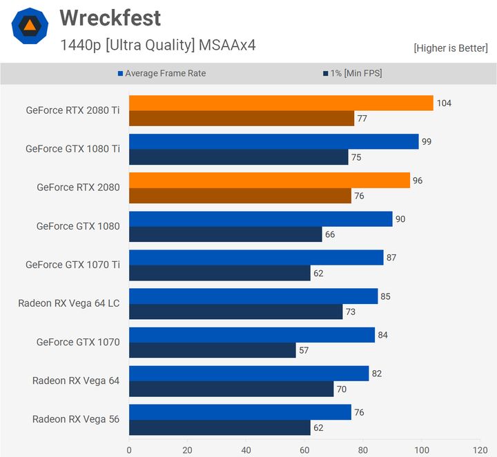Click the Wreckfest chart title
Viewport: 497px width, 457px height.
110,18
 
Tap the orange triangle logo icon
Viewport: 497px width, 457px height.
30,26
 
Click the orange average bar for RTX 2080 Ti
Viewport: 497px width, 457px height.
281,103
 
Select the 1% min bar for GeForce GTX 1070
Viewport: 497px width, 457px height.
212,350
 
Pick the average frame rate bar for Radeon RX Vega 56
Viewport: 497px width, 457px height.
240,412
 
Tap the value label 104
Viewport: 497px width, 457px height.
444,103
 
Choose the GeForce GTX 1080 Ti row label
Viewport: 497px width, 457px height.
72,148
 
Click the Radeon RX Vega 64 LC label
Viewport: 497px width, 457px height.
69,303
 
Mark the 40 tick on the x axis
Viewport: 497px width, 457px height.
246,450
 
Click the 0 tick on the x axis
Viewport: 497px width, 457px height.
129,450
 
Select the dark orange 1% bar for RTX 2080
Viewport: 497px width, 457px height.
240,196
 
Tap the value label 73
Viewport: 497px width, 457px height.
350,312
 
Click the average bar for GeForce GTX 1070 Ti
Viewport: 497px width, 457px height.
256,258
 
